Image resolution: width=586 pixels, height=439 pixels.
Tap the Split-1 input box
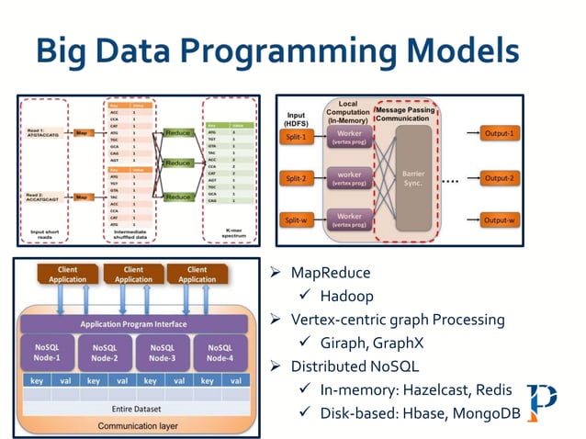click(x=299, y=134)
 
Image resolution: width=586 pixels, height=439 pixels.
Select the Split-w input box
click(x=299, y=220)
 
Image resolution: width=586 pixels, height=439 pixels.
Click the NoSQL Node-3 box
click(x=162, y=353)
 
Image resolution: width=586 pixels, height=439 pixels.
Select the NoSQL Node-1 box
click(x=48, y=353)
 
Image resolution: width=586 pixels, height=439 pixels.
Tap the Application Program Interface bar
click(x=133, y=323)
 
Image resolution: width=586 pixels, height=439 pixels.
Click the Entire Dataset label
click(x=133, y=408)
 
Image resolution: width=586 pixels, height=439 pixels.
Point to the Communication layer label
click(x=133, y=425)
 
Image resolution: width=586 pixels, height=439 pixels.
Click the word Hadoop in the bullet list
click(x=347, y=296)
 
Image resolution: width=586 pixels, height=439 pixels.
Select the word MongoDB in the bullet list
click(x=483, y=414)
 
